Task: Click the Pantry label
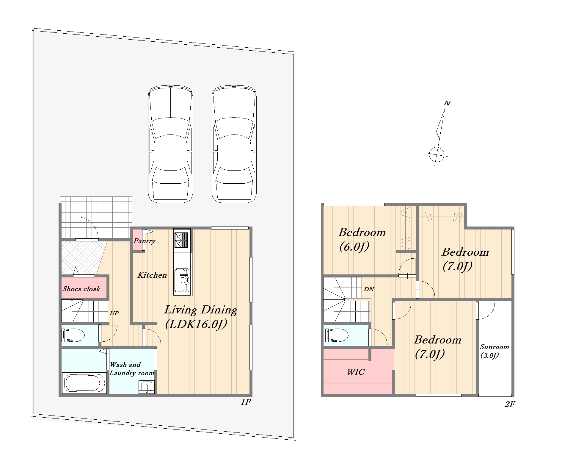145,241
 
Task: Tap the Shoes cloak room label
81,289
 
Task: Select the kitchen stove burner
181,240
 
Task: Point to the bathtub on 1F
84,383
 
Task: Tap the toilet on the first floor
73,335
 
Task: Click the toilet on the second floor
337,335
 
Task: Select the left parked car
170,144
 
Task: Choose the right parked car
234,144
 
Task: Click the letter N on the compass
447,103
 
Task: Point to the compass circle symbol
437,154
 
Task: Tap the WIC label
356,372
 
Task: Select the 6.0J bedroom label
362,239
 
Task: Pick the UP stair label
114,313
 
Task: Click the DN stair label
369,289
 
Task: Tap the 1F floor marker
246,402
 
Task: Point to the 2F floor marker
510,404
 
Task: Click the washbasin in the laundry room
146,387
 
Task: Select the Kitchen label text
152,275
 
